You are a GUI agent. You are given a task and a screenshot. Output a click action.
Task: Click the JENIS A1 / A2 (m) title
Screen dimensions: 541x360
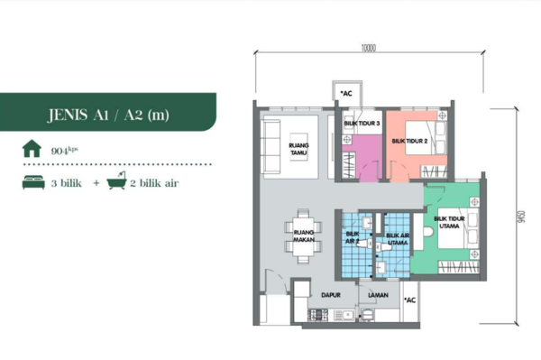(x=108, y=115)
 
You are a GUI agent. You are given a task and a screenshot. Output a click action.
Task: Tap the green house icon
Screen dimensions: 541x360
(x=32, y=148)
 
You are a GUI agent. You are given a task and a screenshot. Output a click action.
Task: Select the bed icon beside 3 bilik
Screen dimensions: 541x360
(x=33, y=182)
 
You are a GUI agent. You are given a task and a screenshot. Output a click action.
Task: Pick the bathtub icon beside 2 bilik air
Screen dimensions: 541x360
(x=116, y=180)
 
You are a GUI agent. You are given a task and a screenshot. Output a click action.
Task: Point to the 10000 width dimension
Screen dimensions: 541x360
(x=369, y=48)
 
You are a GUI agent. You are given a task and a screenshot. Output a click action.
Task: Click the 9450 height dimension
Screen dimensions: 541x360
(x=521, y=217)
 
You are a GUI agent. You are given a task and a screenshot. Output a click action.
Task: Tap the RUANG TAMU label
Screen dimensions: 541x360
(x=298, y=149)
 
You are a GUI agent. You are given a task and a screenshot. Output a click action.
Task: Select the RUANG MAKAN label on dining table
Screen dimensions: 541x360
(x=304, y=235)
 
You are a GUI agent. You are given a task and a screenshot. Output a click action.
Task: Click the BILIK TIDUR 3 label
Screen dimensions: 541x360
(x=362, y=124)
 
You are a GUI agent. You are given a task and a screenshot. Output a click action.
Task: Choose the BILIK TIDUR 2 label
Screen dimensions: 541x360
(x=409, y=141)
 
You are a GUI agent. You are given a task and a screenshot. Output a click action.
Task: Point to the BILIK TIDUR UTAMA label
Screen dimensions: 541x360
(x=449, y=222)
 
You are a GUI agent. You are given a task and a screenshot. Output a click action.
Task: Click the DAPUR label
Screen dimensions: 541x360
(x=331, y=295)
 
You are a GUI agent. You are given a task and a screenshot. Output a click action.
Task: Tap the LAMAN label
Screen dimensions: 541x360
(x=378, y=295)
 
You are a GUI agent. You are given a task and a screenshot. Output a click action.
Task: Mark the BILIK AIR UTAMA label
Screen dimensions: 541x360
(x=398, y=239)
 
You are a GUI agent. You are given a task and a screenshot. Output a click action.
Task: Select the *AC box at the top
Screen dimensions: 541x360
(x=347, y=94)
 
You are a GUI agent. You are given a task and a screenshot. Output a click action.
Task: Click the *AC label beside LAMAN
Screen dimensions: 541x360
(x=410, y=300)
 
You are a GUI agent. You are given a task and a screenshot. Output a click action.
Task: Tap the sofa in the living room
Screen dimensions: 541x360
(x=271, y=147)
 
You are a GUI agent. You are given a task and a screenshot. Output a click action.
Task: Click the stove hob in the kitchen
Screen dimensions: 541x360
(x=317, y=315)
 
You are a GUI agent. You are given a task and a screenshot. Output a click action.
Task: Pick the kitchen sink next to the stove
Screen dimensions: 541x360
(x=344, y=315)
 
